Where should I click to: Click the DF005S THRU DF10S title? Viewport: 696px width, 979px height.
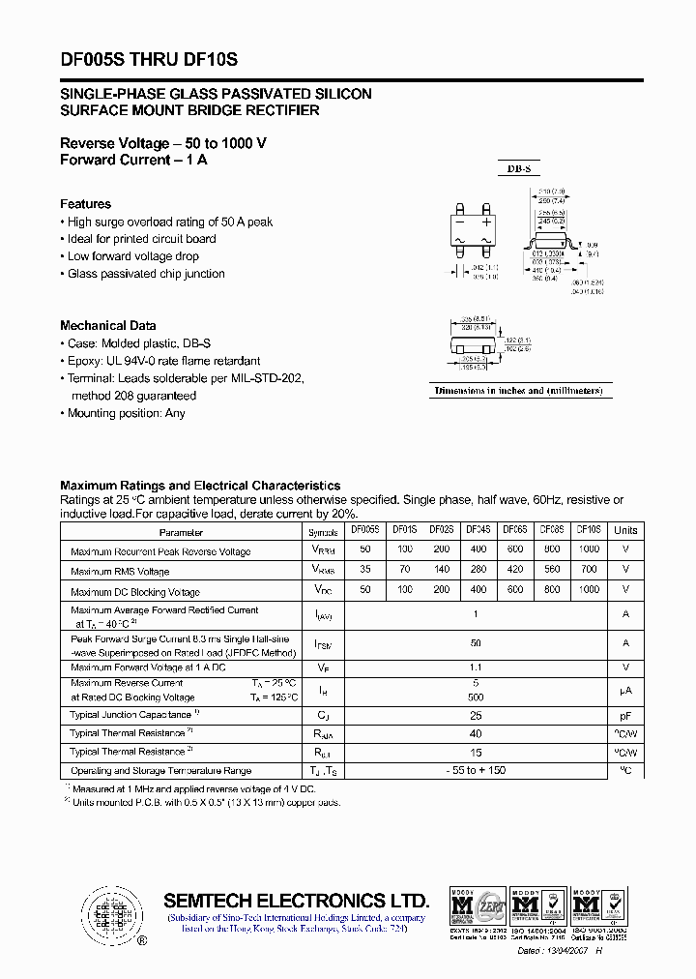tap(149, 60)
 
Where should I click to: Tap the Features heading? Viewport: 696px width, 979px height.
tap(85, 204)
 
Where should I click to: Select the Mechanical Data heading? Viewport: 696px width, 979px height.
tap(107, 326)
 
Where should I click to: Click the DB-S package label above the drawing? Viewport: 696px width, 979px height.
tap(519, 169)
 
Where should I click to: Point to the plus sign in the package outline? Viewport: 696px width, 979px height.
tap(487, 222)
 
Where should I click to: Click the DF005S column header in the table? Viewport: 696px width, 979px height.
tap(363, 530)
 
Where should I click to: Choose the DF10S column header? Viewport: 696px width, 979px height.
tap(588, 530)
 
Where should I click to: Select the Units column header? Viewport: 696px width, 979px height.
tap(625, 530)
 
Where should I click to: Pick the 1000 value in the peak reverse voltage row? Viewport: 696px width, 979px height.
tap(588, 549)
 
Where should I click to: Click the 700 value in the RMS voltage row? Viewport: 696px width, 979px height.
tap(588, 570)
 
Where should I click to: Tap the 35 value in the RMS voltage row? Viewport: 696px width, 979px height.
tap(363, 570)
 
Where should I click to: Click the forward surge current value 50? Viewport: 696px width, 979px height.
tap(476, 642)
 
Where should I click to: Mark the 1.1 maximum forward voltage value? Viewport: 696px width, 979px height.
tap(476, 667)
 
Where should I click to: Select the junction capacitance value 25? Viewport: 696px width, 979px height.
tap(476, 715)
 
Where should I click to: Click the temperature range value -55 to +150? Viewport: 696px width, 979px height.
tap(476, 770)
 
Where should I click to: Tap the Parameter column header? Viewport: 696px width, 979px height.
tap(181, 532)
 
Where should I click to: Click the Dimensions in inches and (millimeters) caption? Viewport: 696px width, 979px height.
tap(519, 391)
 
